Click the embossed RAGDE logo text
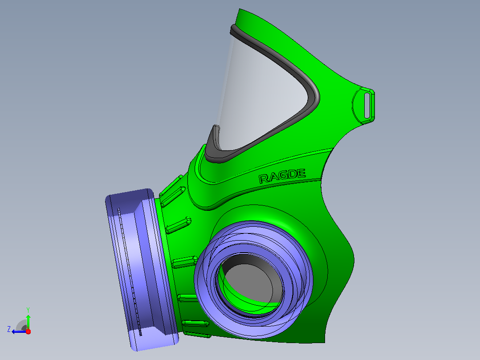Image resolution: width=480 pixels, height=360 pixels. tap(282, 176)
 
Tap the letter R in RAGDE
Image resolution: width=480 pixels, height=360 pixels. tap(264, 179)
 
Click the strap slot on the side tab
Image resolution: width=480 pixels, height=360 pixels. tap(367, 105)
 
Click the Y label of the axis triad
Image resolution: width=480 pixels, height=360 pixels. tap(28, 310)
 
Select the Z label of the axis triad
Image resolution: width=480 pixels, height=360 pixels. tap(9, 329)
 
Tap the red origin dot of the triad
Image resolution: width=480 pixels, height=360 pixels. tap(28, 331)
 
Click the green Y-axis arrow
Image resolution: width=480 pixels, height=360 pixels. tap(28, 322)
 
